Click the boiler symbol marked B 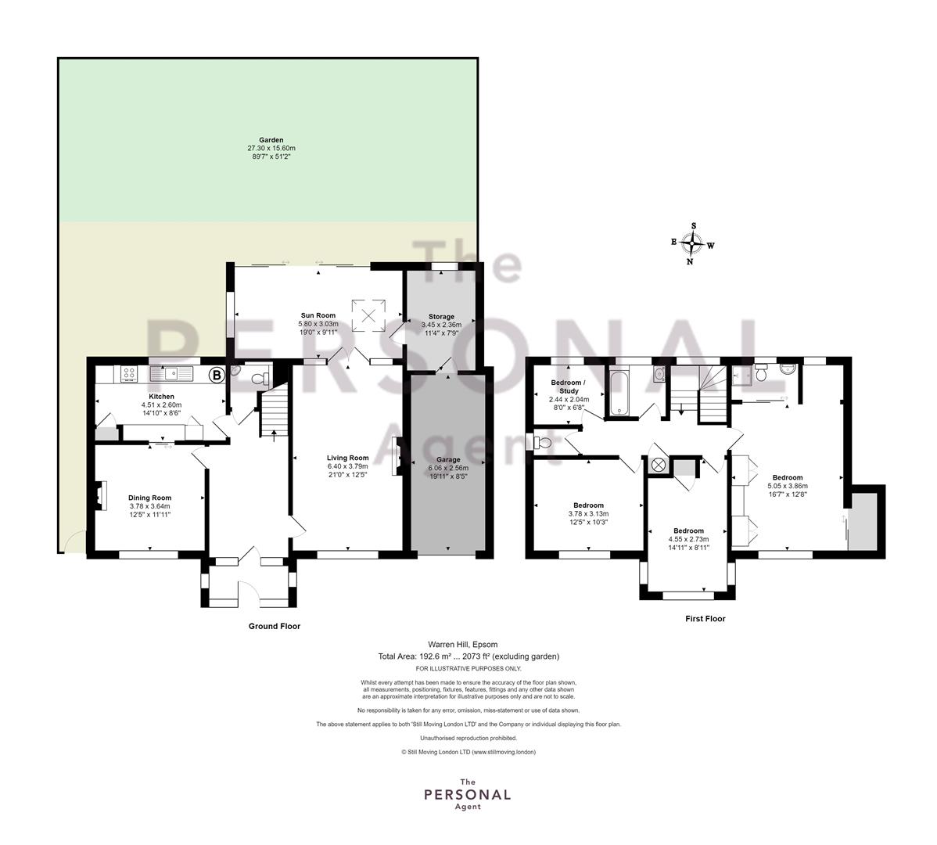[x=217, y=376]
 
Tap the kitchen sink [x=171, y=374]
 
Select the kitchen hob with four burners [x=128, y=374]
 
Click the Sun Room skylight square [x=368, y=315]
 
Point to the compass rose [x=692, y=244]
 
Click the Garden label [x=271, y=140]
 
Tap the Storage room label [x=441, y=317]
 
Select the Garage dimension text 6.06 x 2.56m [x=448, y=468]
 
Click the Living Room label [x=348, y=458]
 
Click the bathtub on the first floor [x=619, y=392]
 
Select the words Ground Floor [x=275, y=626]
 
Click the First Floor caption [x=705, y=619]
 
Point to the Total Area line [x=468, y=656]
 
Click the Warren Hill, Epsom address [x=462, y=644]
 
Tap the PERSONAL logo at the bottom [x=467, y=795]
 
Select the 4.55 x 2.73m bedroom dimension [x=688, y=539]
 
